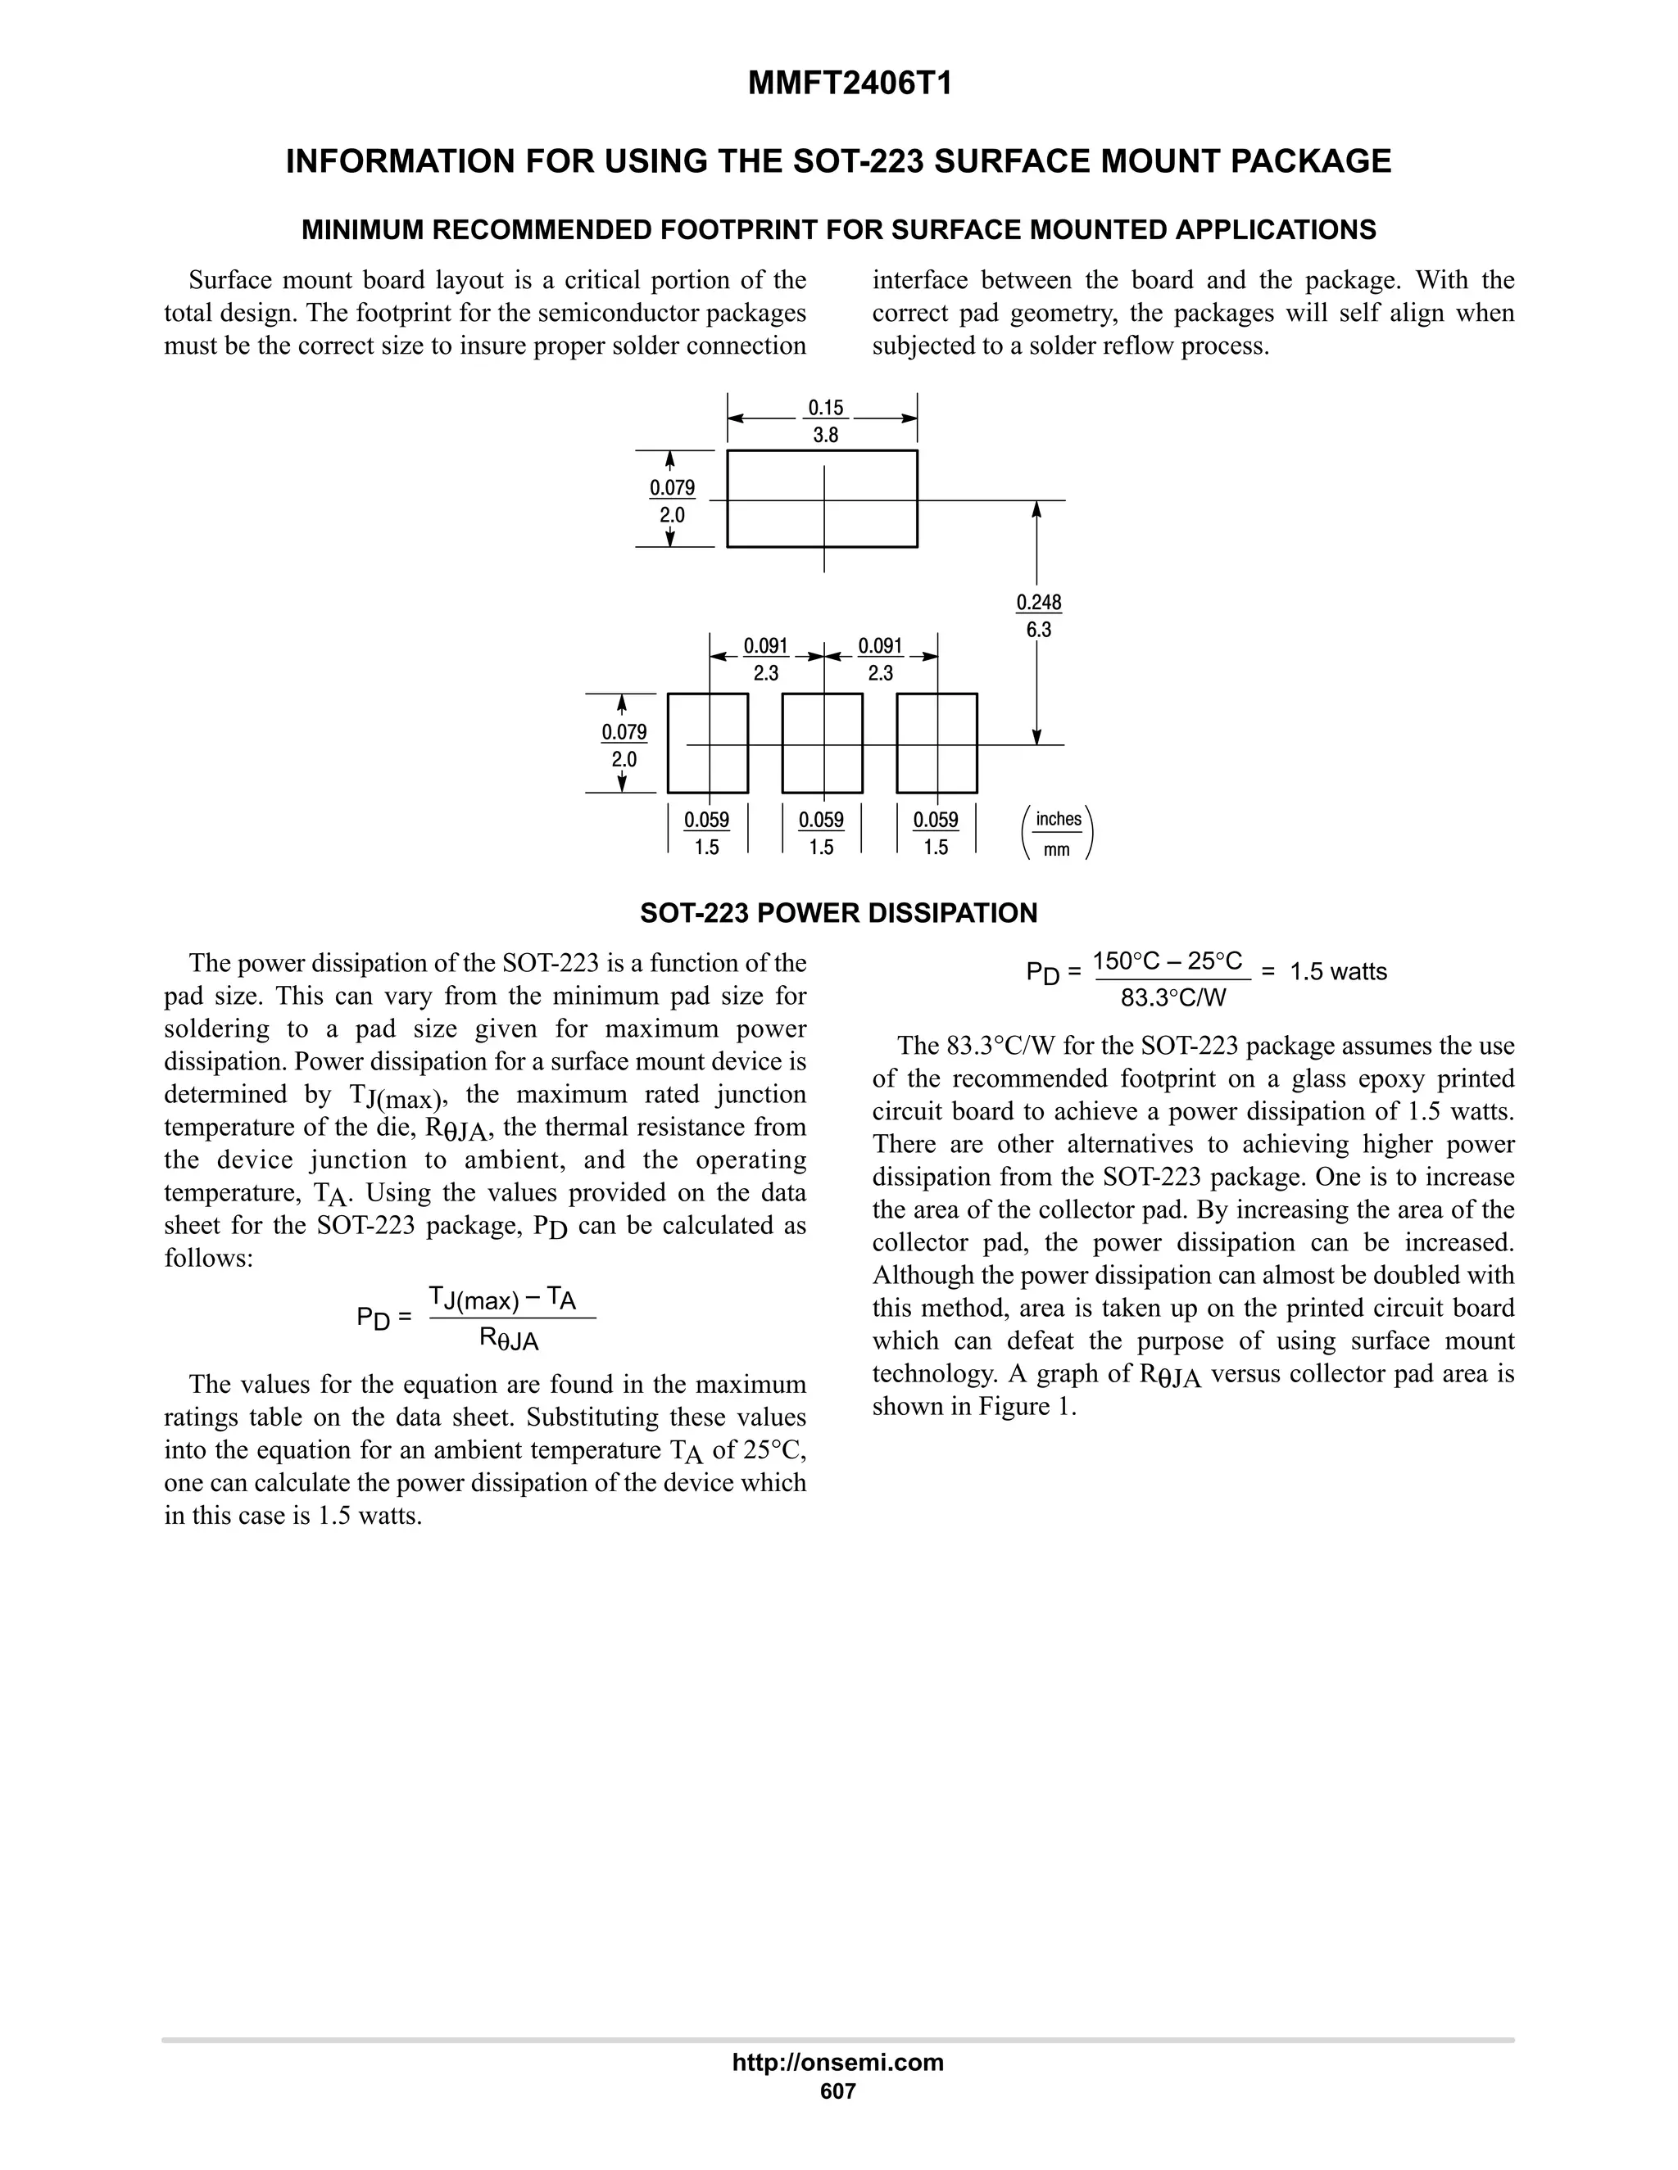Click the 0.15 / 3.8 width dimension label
pos(825,421)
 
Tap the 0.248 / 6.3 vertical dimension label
pos(1039,616)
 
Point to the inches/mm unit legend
pos(1057,834)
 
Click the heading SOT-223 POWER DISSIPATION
pos(838,913)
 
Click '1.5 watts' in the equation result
pos(1338,972)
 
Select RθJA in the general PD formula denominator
pos(509,1340)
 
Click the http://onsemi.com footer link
pos(837,2062)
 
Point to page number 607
pos(837,2091)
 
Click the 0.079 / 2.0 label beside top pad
pos(672,501)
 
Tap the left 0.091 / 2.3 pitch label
pos(765,658)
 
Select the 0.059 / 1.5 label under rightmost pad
pos(936,833)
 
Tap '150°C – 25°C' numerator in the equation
pos(1167,961)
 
